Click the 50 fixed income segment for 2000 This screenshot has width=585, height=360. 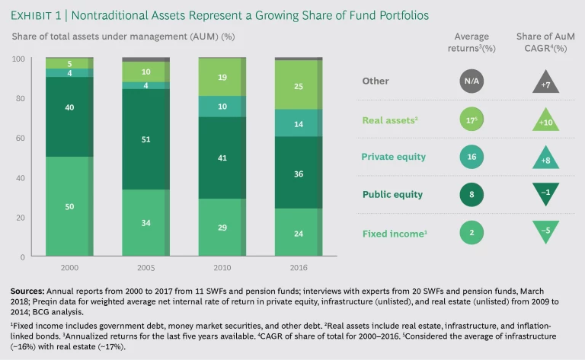[x=69, y=207]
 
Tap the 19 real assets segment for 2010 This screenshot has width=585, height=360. [x=222, y=77]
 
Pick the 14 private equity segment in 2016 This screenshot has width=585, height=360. [x=299, y=123]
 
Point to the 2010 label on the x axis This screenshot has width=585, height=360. [x=222, y=267]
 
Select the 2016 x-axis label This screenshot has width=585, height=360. [x=299, y=267]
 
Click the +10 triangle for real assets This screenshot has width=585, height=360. [x=546, y=119]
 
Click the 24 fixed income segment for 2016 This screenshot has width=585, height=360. [x=299, y=234]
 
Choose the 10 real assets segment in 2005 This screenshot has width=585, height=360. [x=146, y=72]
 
